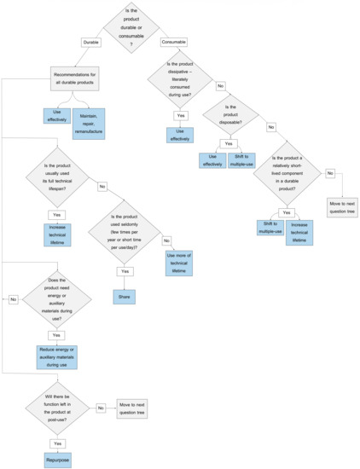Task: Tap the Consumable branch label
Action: pyautogui.click(x=173, y=42)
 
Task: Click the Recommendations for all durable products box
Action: pyautogui.click(x=83, y=80)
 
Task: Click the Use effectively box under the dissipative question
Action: pyautogui.click(x=180, y=134)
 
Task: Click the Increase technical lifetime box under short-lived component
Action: pyautogui.click(x=299, y=232)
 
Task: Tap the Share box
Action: pyautogui.click(x=125, y=298)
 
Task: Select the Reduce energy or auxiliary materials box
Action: pyautogui.click(x=57, y=356)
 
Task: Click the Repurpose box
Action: pyautogui.click(x=57, y=459)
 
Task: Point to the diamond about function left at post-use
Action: pyautogui.click(x=57, y=408)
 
